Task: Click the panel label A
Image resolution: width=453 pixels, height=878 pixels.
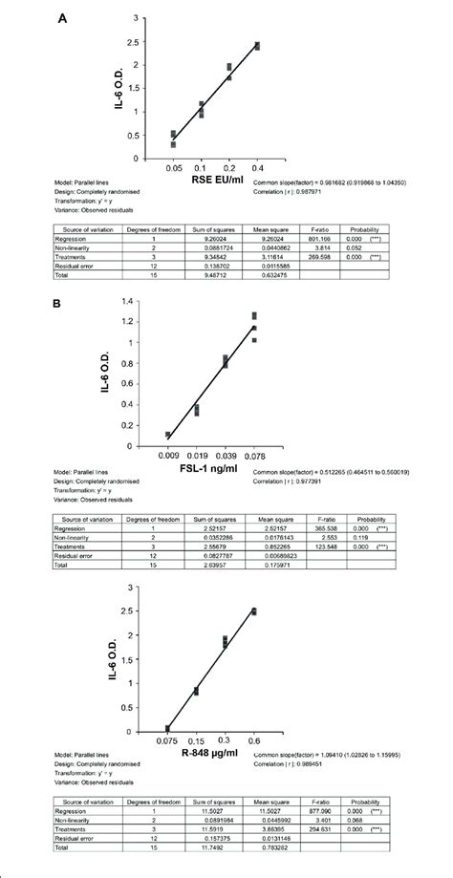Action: (62, 19)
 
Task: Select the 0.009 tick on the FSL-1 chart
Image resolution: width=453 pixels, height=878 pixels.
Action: (168, 458)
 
